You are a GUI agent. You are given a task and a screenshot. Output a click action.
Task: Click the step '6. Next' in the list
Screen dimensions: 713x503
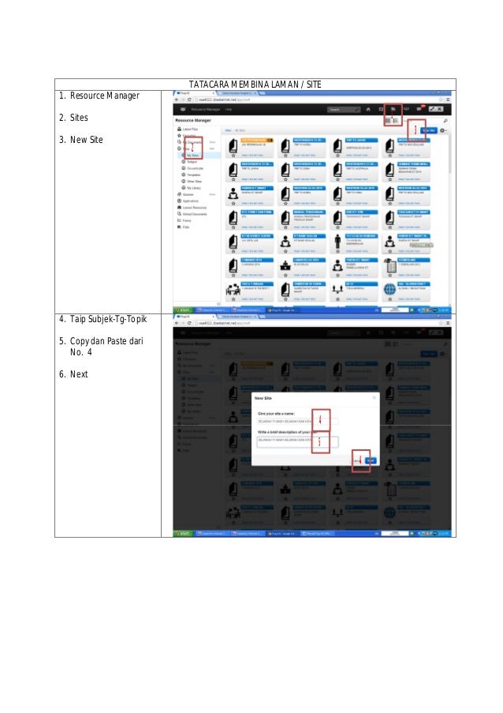[x=73, y=374]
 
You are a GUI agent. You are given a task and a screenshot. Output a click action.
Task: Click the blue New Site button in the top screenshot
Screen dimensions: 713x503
[x=427, y=130]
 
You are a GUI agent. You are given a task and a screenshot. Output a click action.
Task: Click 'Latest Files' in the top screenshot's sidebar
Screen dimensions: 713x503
[x=190, y=129]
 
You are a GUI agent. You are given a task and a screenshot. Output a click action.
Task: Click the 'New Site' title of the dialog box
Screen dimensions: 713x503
[x=264, y=399]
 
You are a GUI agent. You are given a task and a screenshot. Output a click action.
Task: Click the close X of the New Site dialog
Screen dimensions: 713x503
[x=374, y=399]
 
